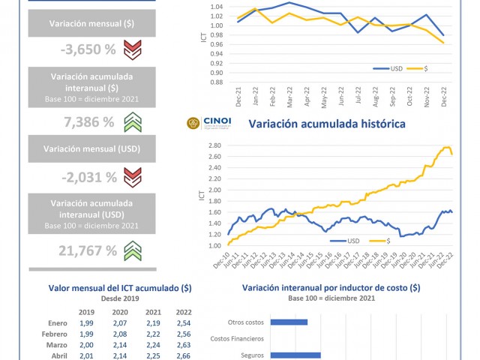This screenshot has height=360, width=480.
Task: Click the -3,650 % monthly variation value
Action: (x=88, y=51)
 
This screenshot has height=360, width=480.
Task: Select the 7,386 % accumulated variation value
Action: (x=88, y=121)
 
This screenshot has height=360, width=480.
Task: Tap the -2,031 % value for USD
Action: (x=88, y=177)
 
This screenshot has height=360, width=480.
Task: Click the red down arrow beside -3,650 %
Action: (x=133, y=51)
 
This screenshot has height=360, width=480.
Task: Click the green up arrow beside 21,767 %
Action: (x=133, y=248)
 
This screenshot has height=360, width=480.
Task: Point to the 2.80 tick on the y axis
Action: (x=214, y=145)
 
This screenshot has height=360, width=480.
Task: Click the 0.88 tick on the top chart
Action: (x=216, y=82)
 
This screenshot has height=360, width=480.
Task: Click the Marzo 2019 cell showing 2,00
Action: (x=87, y=346)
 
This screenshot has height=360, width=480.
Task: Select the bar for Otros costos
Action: (x=289, y=322)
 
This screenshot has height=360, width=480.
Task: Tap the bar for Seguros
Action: (x=295, y=355)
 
